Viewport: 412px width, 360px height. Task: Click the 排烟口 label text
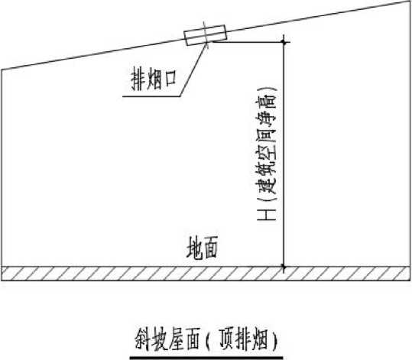point(154,79)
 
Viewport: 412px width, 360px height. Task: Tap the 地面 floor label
point(202,248)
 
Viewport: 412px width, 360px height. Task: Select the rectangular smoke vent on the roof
point(205,35)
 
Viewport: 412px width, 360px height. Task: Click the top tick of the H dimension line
point(284,42)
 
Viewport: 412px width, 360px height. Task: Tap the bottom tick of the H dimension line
point(284,267)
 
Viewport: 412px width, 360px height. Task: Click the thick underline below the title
point(206,358)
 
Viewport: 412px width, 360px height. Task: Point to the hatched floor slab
point(206,274)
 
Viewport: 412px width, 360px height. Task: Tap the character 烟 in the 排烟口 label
point(154,79)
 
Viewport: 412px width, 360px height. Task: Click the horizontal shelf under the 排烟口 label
point(151,96)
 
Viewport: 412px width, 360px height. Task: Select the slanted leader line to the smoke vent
point(193,69)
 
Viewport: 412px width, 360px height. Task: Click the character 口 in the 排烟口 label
point(170,79)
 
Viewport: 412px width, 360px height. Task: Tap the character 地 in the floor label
point(194,248)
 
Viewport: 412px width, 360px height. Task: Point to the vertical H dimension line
point(284,154)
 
